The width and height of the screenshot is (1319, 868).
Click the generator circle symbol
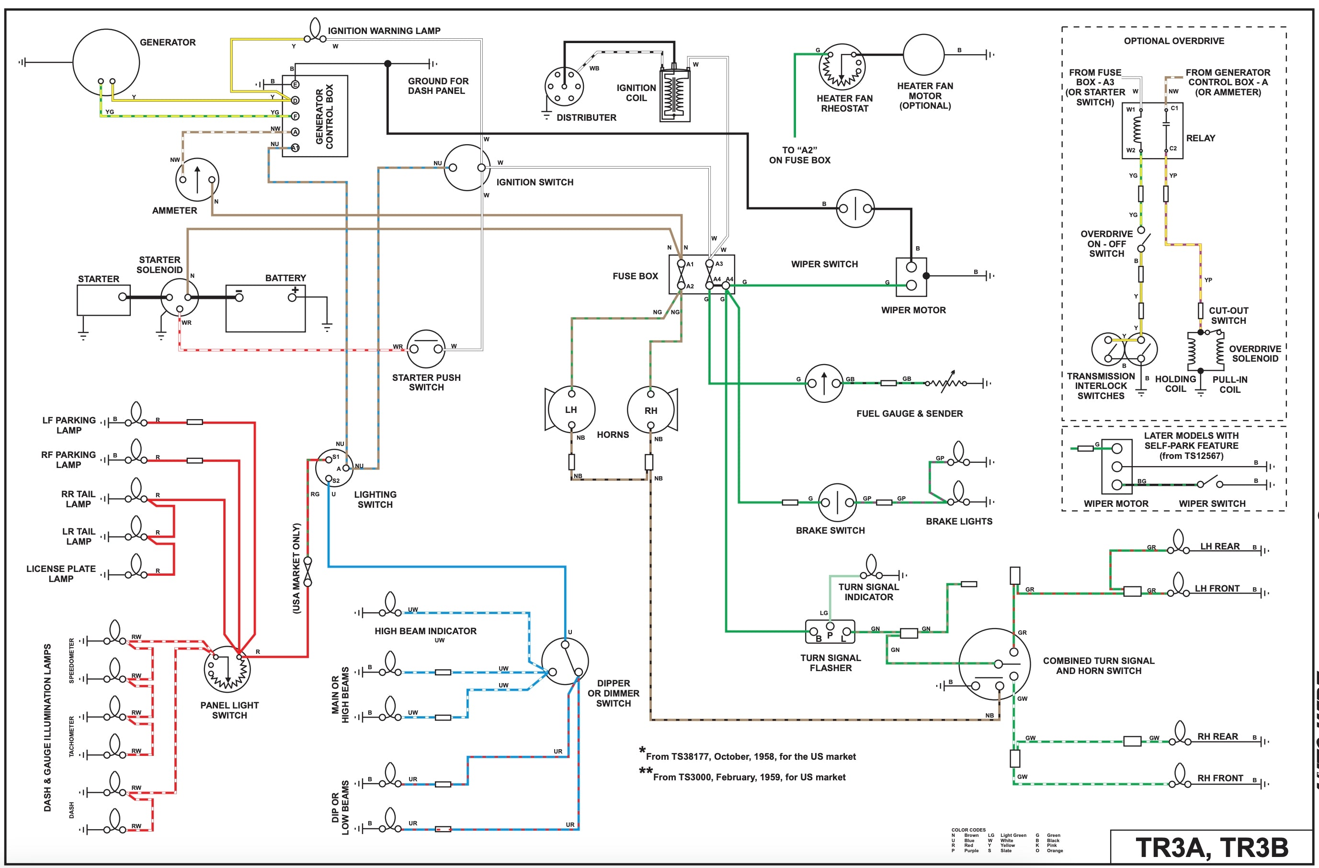coord(106,63)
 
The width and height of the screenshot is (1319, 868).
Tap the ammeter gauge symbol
coord(197,180)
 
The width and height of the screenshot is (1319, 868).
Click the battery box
coord(265,308)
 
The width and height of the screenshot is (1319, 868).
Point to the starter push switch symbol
coord(426,349)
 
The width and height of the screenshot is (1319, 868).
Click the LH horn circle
coord(571,410)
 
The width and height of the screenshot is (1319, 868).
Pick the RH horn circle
coord(650,410)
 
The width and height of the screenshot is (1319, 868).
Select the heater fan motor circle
coord(923,54)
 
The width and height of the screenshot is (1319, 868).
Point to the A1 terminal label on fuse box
coord(690,264)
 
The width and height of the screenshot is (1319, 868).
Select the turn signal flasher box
coord(830,632)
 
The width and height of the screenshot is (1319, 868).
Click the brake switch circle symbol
coord(837,503)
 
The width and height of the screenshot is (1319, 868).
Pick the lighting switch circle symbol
coord(334,468)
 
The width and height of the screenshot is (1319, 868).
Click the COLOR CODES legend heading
coord(968,830)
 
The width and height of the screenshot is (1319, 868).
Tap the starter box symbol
coord(103,300)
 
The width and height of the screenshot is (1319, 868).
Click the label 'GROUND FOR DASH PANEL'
coord(437,86)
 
